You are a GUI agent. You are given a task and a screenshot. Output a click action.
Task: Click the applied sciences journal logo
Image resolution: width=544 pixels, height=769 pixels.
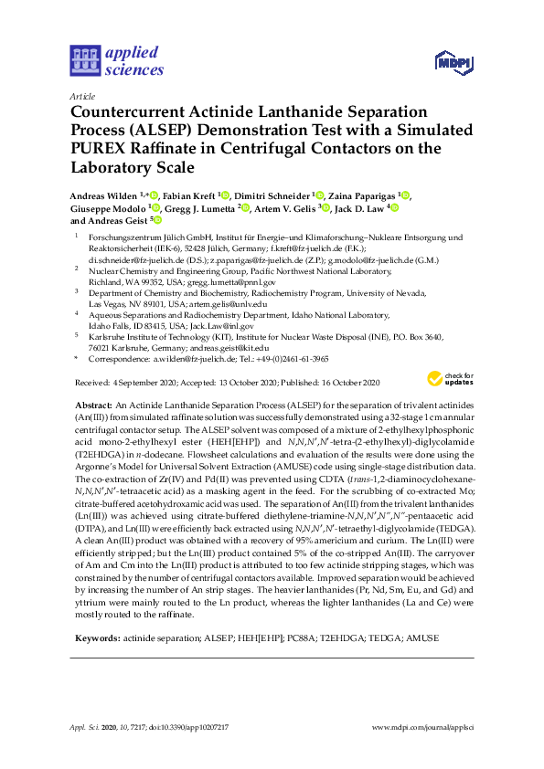click(x=116, y=61)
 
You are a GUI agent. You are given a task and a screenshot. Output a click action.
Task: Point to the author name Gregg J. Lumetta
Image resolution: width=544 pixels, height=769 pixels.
click(x=199, y=207)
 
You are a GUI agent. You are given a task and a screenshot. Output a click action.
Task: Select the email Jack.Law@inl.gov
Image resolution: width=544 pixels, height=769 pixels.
click(x=221, y=325)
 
